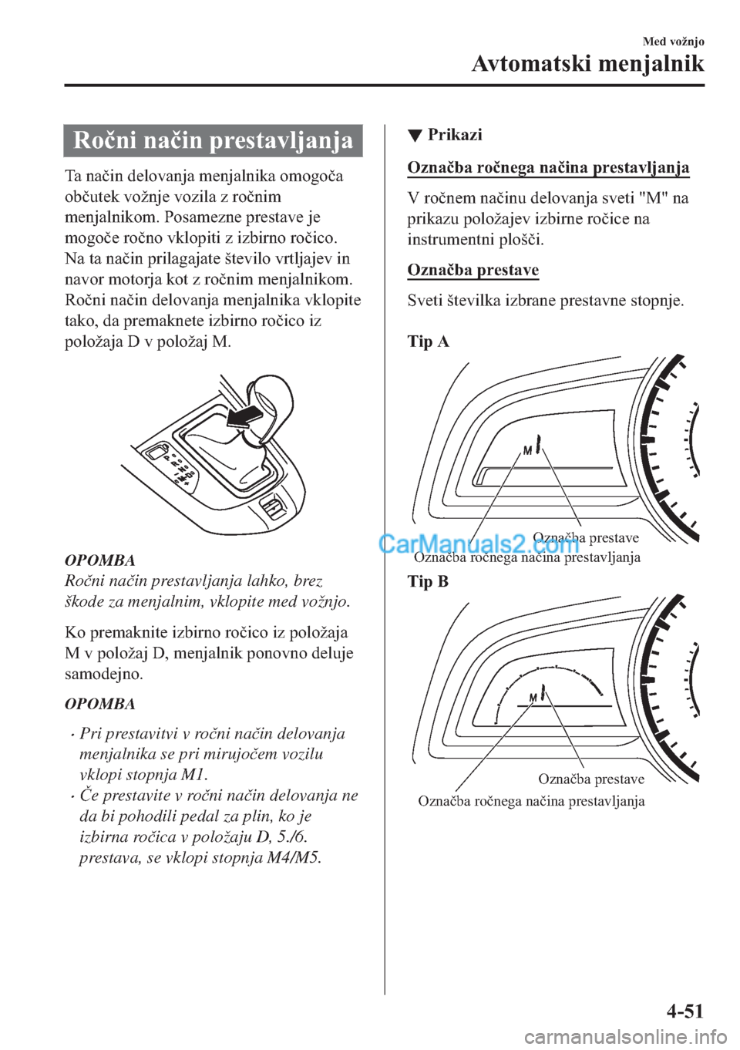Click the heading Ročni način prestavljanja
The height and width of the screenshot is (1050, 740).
pyautogui.click(x=213, y=141)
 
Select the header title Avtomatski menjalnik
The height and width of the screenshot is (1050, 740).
pyautogui.click(x=588, y=63)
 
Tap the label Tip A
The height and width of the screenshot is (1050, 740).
pyautogui.click(x=428, y=342)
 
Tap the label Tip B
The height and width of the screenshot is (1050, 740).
pyautogui.click(x=428, y=581)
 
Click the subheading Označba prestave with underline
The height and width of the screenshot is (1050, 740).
pyautogui.click(x=473, y=271)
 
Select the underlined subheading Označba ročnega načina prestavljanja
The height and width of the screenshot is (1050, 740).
pyautogui.click(x=548, y=167)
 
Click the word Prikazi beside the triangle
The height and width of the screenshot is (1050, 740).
pyautogui.click(x=455, y=135)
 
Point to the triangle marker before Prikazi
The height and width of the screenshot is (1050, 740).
pyautogui.click(x=415, y=136)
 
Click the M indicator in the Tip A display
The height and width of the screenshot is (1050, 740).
pyautogui.click(x=528, y=449)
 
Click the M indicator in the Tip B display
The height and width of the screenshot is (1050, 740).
pyautogui.click(x=533, y=698)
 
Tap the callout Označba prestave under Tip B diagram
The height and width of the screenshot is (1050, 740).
pyautogui.click(x=591, y=779)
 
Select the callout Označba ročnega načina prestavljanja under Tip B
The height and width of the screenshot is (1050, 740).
pyautogui.click(x=531, y=801)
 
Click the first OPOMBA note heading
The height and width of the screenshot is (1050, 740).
pyautogui.click(x=100, y=560)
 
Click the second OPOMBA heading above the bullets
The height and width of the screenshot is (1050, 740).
pyautogui.click(x=100, y=704)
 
